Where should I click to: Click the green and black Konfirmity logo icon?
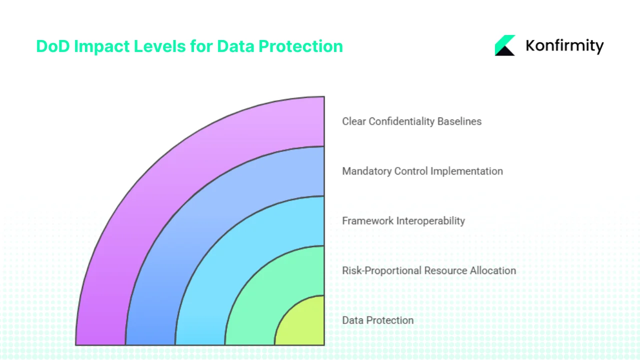click(505, 45)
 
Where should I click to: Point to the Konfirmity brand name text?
click(564, 46)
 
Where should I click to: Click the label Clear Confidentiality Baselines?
click(411, 121)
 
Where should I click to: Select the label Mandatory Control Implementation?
click(422, 171)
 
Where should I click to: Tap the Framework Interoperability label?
click(403, 220)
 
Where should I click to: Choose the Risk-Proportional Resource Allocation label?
click(429, 270)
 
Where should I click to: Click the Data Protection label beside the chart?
click(377, 320)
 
